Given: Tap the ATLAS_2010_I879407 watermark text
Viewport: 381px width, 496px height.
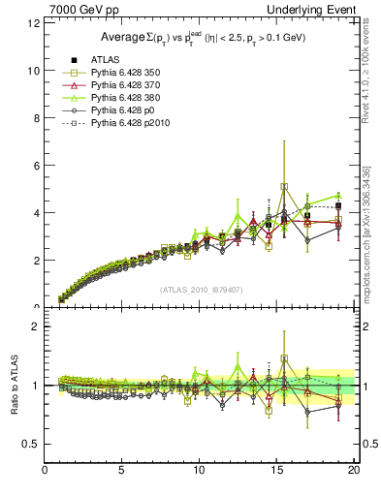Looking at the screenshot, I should [x=201, y=288].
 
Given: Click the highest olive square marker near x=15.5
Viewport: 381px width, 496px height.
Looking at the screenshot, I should [x=284, y=186].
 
